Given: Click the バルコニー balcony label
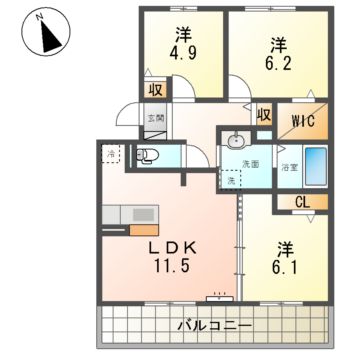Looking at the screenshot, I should (x=215, y=326).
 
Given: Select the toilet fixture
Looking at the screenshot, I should (x=147, y=155).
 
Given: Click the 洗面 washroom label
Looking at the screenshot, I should (x=250, y=164).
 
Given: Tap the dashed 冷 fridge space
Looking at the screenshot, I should (x=111, y=154).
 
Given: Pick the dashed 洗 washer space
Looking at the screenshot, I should (x=230, y=180).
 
